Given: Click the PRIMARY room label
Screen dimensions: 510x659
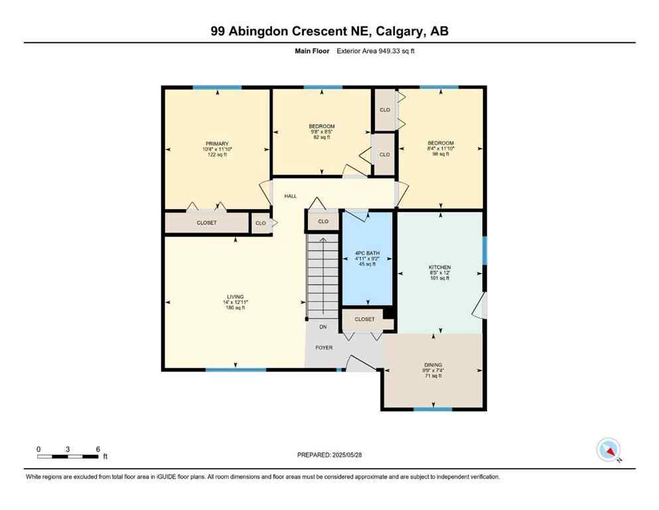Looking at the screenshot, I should click(217, 144).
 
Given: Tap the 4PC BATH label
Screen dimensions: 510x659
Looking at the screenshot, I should click(364, 253).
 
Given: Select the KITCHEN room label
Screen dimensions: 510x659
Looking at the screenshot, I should click(439, 268).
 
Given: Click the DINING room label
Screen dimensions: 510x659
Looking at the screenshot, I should click(433, 365).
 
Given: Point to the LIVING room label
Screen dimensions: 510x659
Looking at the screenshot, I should click(235, 297).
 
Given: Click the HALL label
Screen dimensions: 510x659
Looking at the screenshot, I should click(291, 197).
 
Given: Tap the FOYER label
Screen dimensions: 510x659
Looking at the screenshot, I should click(324, 347).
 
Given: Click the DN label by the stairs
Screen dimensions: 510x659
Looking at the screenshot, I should click(323, 327).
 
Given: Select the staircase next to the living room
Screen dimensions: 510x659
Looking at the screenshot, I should click(322, 276).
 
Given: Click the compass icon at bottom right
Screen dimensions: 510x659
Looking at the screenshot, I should click(608, 450).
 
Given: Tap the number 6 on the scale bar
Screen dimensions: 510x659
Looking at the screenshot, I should click(98, 450).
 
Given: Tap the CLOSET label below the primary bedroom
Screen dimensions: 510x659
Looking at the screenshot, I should click(206, 223).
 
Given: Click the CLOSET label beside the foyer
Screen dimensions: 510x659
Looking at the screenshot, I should click(364, 319).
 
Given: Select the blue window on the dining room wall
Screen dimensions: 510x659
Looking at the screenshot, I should click(433, 409).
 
